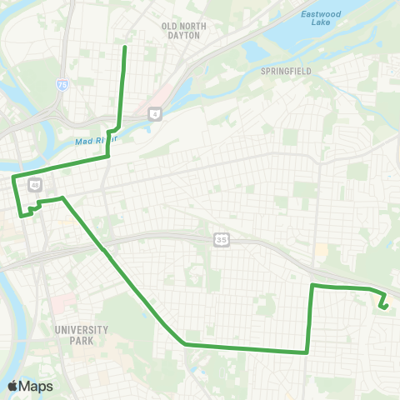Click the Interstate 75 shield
click(x=62, y=85)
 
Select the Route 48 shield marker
click(x=35, y=183)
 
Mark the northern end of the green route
click(x=125, y=47)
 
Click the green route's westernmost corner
click(x=12, y=177)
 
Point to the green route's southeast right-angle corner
click(x=308, y=352)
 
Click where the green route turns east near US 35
click(x=312, y=286)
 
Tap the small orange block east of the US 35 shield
click(x=321, y=250)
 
